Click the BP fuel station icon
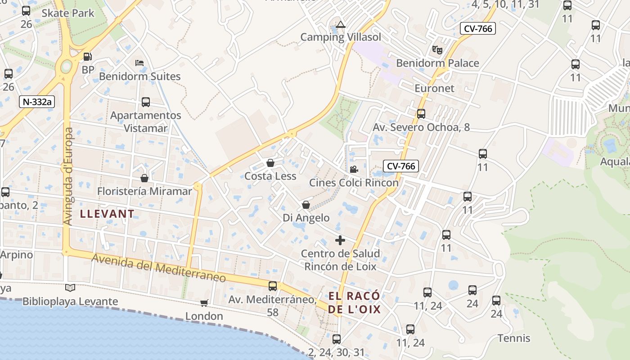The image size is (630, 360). [x=88, y=57]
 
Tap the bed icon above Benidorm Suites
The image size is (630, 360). [x=139, y=63]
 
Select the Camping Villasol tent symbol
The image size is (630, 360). [x=341, y=24]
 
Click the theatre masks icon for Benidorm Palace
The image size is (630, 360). [x=437, y=49]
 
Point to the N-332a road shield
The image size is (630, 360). [x=37, y=102]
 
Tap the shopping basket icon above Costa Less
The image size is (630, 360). [x=270, y=162]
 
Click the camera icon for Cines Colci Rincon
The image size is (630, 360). [x=354, y=169]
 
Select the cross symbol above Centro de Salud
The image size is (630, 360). [x=340, y=240]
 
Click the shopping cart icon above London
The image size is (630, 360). [x=204, y=303]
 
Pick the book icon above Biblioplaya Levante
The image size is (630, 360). [x=70, y=288]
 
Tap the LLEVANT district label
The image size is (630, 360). [x=107, y=214]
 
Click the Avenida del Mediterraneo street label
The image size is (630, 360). [x=158, y=268]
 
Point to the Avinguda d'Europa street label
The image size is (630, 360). [x=68, y=176]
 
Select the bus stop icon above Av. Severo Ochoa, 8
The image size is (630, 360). [x=421, y=114]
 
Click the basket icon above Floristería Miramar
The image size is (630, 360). [x=144, y=178]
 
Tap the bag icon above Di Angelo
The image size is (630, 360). [x=306, y=205]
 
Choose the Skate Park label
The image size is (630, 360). [x=68, y=13]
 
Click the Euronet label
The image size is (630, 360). [x=434, y=88]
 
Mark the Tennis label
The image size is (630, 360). [x=514, y=338]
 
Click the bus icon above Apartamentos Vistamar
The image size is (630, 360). [x=146, y=102]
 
